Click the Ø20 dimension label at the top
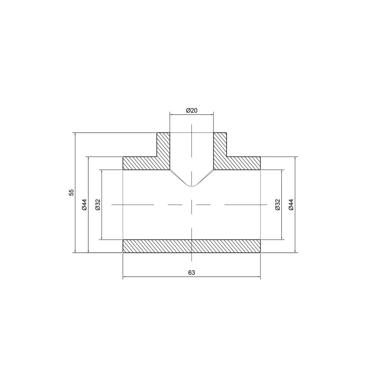[192, 111]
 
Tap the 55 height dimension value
[71, 193]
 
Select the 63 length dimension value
[191, 272]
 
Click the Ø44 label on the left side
[85, 204]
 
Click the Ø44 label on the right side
[291, 204]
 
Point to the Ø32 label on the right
[277, 204]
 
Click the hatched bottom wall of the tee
[191, 246]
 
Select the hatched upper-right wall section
[232, 159]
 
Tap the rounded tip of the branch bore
[192, 185]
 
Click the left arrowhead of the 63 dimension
[124, 277]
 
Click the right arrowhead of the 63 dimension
[259, 277]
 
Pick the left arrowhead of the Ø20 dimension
[171, 114]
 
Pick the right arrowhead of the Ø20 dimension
[212, 114]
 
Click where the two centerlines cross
[192, 204]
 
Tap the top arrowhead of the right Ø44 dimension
[295, 158]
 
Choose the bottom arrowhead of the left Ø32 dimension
[101, 238]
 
